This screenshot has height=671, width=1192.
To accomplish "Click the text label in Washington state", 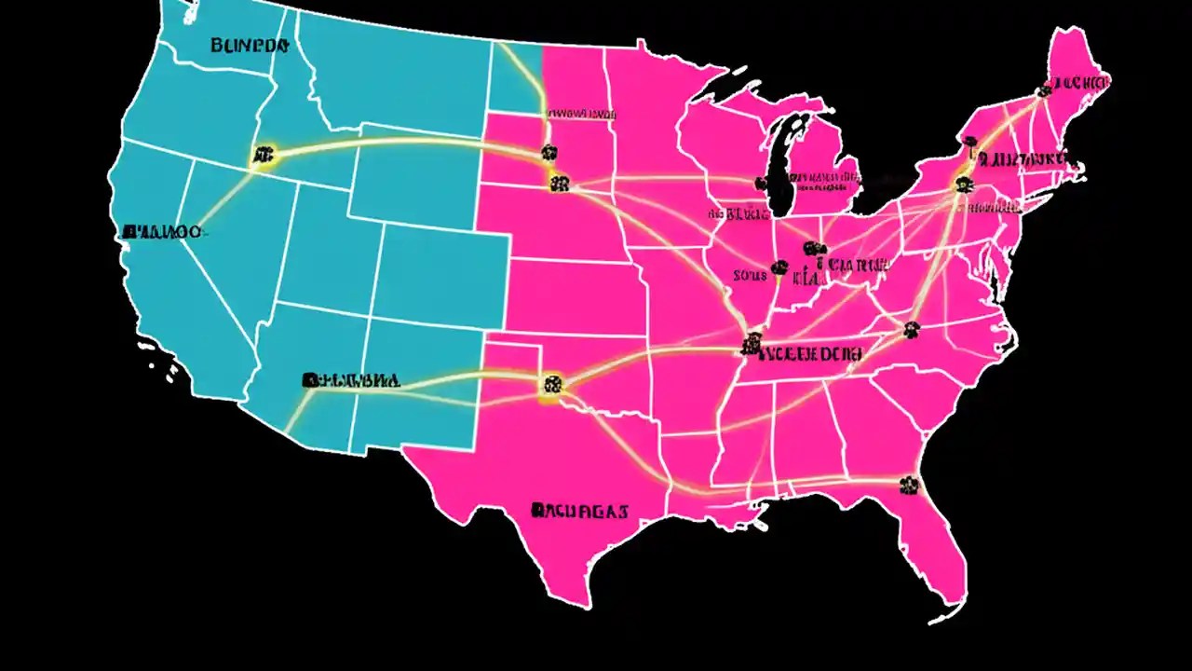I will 251,44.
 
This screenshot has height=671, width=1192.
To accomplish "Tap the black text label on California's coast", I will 160,229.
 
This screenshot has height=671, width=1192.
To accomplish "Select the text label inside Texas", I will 579,511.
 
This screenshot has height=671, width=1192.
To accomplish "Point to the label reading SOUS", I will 749,275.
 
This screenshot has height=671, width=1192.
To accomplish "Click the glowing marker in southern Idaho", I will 264,157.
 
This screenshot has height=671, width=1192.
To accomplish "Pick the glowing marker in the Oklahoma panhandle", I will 551,383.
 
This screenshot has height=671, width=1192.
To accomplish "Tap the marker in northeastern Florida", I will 908,485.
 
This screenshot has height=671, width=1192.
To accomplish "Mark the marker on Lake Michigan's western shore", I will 763,184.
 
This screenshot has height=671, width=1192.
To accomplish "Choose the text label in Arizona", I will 351,380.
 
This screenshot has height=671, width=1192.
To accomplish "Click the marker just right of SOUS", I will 779,268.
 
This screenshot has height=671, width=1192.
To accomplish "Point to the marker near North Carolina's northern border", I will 910,328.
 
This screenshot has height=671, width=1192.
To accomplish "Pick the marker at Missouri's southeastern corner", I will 750,347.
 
